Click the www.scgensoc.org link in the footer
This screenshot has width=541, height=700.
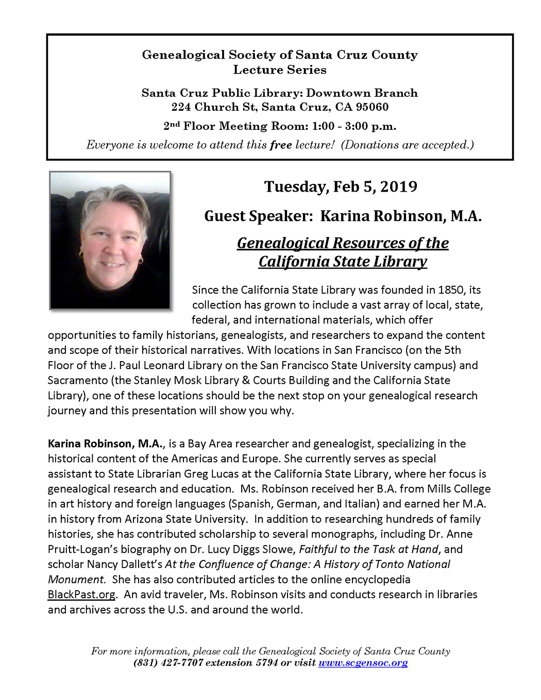click(363, 663)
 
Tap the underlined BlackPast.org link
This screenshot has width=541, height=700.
click(81, 594)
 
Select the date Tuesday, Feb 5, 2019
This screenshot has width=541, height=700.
click(341, 186)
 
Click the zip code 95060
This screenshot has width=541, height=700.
click(372, 107)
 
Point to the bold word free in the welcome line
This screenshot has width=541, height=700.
click(281, 145)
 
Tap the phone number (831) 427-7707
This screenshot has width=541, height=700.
click(168, 663)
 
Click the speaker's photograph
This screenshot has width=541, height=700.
click(110, 241)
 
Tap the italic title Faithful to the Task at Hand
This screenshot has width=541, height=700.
click(368, 549)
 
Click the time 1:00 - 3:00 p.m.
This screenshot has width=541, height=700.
click(354, 126)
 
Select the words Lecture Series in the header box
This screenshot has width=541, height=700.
click(280, 70)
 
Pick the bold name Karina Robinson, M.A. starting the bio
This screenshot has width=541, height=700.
click(106, 443)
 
